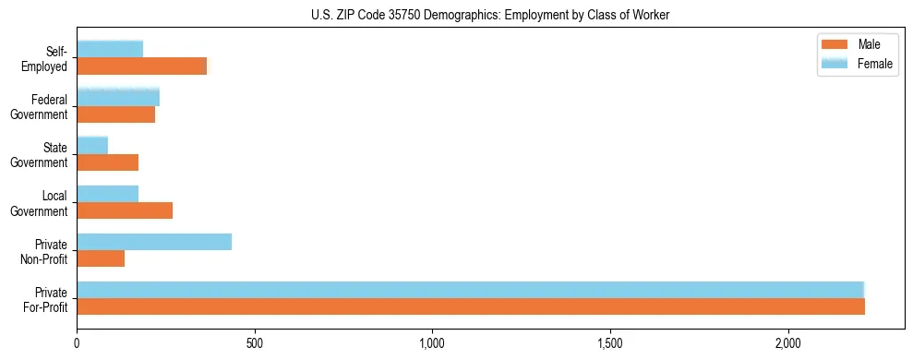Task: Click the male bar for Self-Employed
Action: pyautogui.click(x=142, y=66)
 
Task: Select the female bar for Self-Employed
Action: pyautogui.click(x=110, y=49)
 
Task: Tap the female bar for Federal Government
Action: pyautogui.click(x=118, y=97)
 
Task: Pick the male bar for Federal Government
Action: pyautogui.click(x=116, y=114)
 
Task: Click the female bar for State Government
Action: pyautogui.click(x=92, y=145)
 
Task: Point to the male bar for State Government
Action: pyautogui.click(x=108, y=162)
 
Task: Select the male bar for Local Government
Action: pyautogui.click(x=125, y=210)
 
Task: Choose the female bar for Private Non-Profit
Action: pyautogui.click(x=154, y=242)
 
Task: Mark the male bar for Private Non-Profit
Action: pyautogui.click(x=101, y=258)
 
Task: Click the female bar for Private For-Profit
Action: pyautogui.click(x=470, y=290)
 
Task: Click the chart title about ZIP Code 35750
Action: pyautogui.click(x=489, y=14)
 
